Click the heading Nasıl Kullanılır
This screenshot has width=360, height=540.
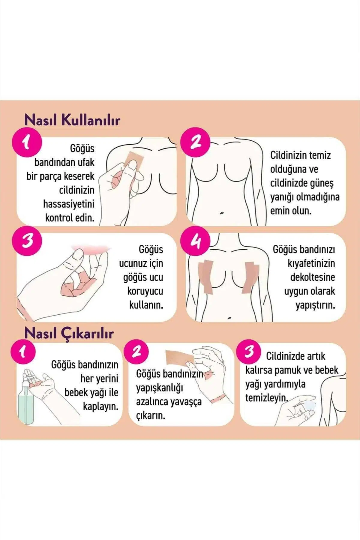(72, 120)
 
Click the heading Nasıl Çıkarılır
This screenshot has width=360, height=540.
(69, 333)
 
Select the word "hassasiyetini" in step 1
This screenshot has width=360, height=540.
(69, 204)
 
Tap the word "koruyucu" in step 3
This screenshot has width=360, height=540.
(145, 291)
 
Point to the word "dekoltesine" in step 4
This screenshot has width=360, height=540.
(312, 277)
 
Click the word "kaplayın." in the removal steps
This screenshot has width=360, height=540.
(101, 407)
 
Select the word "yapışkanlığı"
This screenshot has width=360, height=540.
(159, 388)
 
